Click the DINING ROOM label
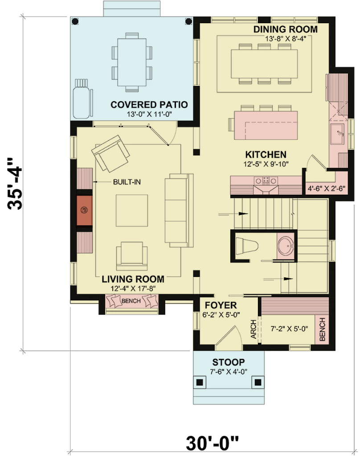(285, 29)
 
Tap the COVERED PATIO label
(149, 104)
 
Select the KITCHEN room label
(266, 154)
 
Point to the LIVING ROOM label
(133, 279)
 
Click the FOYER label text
(221, 305)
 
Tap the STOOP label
(229, 362)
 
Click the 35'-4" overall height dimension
(15, 183)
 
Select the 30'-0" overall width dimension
(212, 443)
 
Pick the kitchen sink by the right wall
(337, 134)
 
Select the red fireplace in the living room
(84, 210)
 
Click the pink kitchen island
(266, 125)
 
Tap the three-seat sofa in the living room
(179, 211)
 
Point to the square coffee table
(132, 211)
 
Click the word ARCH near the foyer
(254, 329)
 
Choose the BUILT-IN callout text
(127, 182)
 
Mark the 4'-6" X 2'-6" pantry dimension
(327, 188)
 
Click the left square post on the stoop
(200, 382)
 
